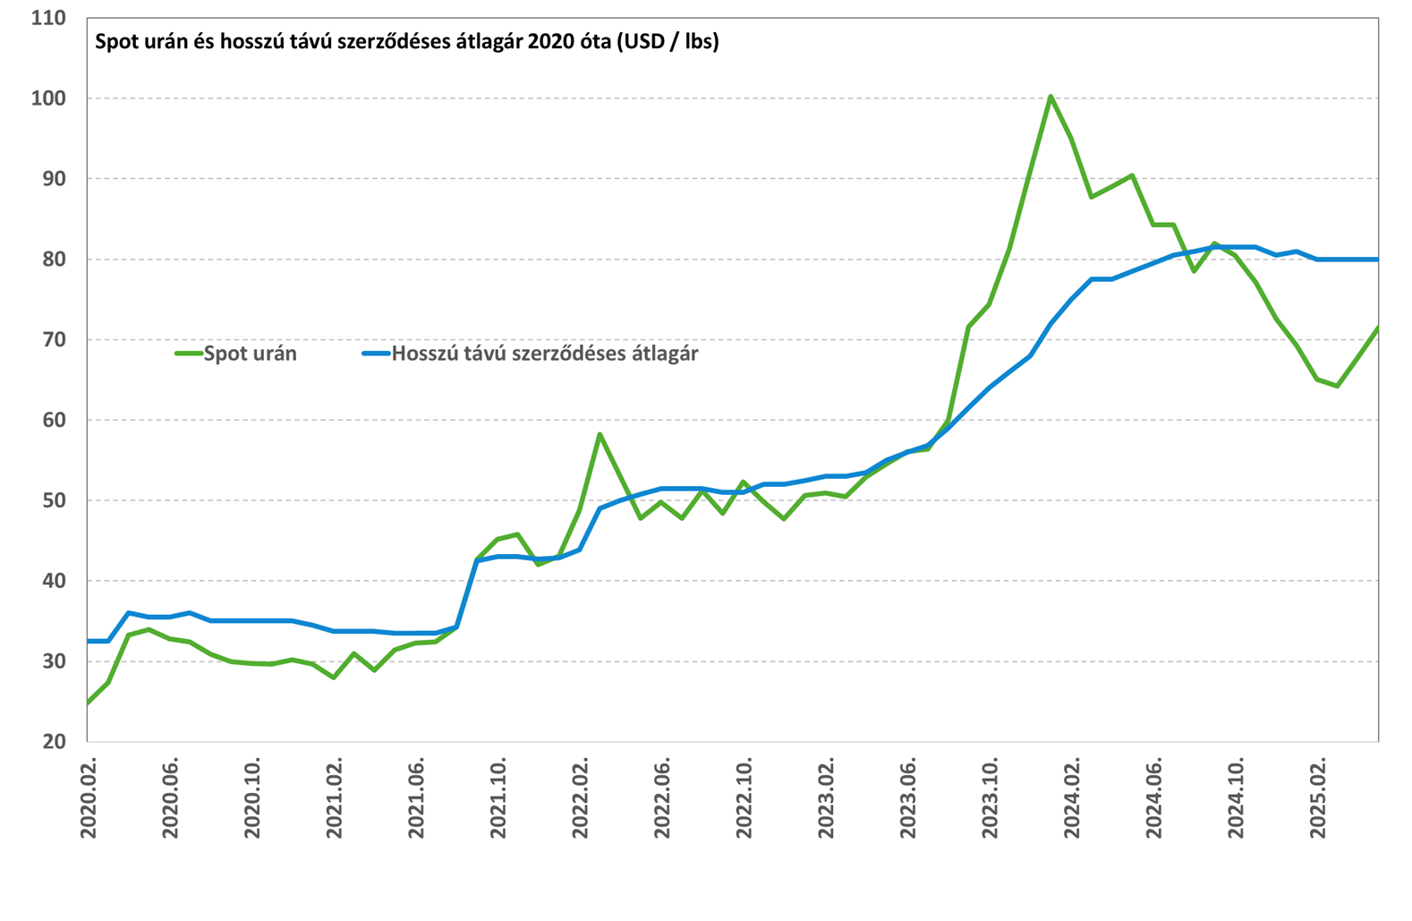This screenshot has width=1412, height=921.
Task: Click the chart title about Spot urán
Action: coord(406,41)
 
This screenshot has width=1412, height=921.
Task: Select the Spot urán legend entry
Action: coord(235,354)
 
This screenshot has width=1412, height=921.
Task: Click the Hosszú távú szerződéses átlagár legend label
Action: coord(545,354)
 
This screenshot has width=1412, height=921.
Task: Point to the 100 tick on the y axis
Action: coord(48,98)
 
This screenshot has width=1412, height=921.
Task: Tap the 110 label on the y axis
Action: coord(48,18)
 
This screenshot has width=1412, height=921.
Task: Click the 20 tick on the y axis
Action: coord(55,741)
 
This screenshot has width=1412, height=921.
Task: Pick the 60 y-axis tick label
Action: coord(55,420)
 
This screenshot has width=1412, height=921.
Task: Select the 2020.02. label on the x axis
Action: coord(89,798)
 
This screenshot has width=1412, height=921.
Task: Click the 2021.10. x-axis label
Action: coord(498,798)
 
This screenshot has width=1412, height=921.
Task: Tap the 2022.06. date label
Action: coord(662,798)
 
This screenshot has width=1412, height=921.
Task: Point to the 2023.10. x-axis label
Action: coord(990,798)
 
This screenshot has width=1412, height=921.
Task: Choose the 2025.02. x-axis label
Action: coord(1317,798)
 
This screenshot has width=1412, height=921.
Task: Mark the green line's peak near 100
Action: coord(1050,97)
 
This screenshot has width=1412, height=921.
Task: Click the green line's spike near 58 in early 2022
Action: coord(600,434)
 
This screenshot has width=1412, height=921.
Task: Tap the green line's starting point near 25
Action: coord(88,703)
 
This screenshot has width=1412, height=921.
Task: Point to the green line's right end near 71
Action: coord(1378,328)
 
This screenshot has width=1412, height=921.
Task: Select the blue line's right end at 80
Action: coord(1378,259)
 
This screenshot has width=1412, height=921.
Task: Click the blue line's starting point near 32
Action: coord(88,641)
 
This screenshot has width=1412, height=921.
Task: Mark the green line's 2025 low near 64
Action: coord(1337,386)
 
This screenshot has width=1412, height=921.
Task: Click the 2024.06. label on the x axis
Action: coord(1153,798)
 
